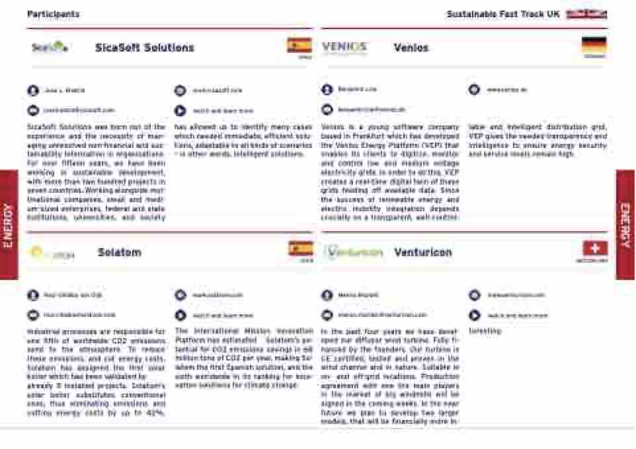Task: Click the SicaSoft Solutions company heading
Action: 144,48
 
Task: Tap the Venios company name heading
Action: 411,48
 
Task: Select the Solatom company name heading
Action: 119,252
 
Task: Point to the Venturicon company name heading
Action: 423,252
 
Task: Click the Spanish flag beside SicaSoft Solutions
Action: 299,46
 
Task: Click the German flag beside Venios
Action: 594,45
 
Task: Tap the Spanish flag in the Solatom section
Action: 301,249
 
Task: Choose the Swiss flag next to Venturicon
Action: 595,248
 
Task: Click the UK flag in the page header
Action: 586,14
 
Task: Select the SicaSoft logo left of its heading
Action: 50,47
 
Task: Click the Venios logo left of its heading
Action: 344,47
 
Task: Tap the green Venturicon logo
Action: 354,252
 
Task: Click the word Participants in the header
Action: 54,14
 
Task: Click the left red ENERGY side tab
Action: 9,225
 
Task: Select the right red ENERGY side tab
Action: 625,225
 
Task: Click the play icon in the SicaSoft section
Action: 180,111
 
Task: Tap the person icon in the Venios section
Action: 327,90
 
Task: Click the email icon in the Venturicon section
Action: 327,316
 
